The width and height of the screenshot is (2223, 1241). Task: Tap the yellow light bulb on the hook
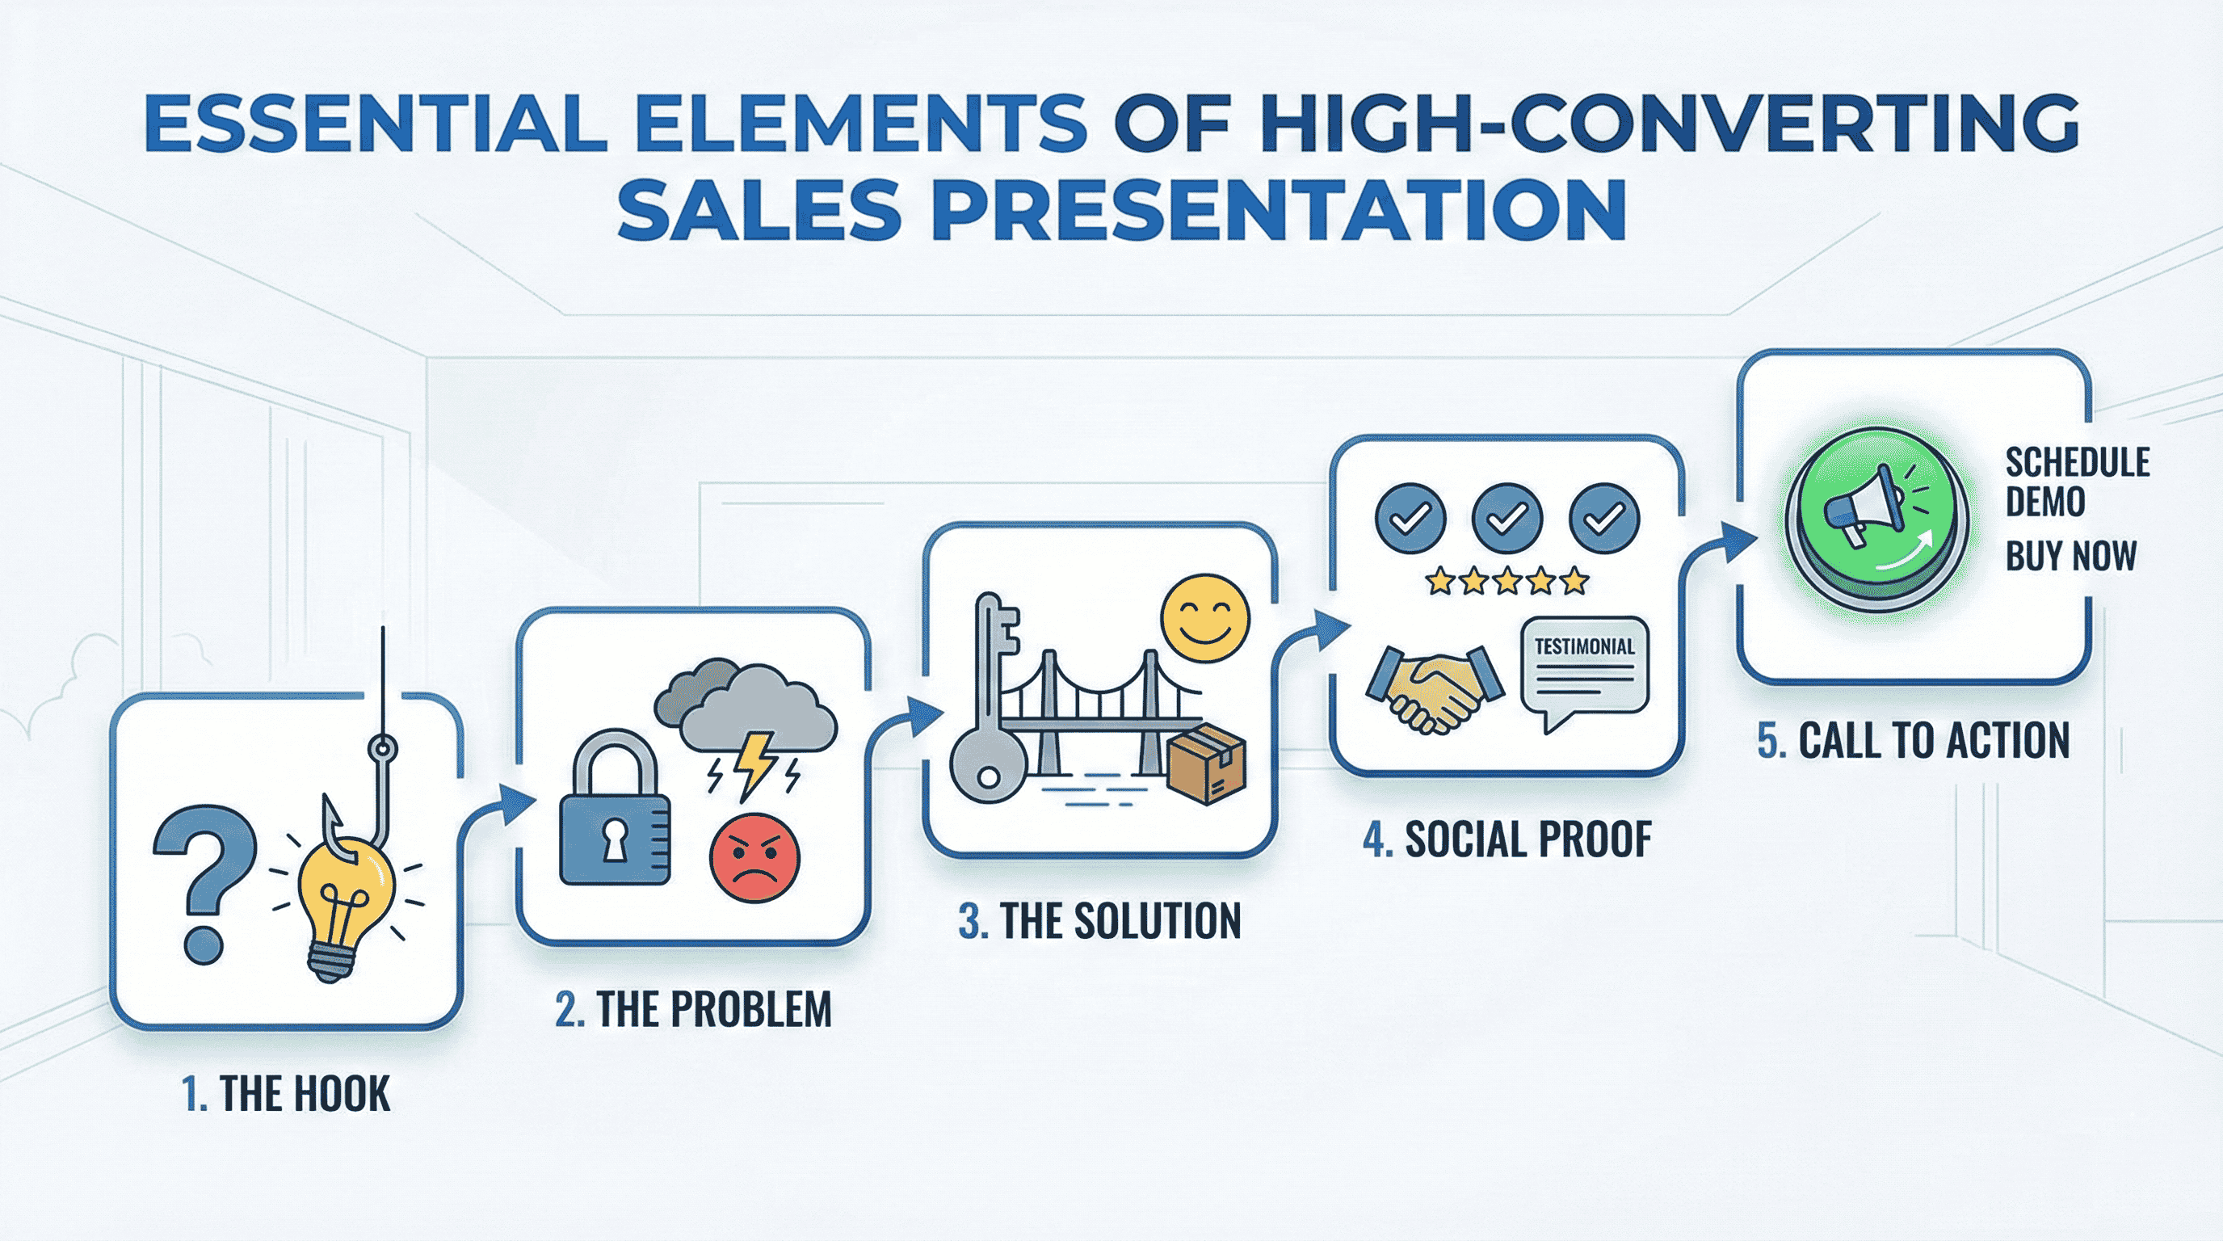345,907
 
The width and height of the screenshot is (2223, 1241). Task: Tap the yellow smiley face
1204,618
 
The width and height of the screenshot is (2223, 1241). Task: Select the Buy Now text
2070,555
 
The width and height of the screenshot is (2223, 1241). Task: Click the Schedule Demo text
2075,482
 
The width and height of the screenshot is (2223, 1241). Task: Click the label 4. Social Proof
1507,839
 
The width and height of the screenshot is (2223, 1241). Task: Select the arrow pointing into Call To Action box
1717,553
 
